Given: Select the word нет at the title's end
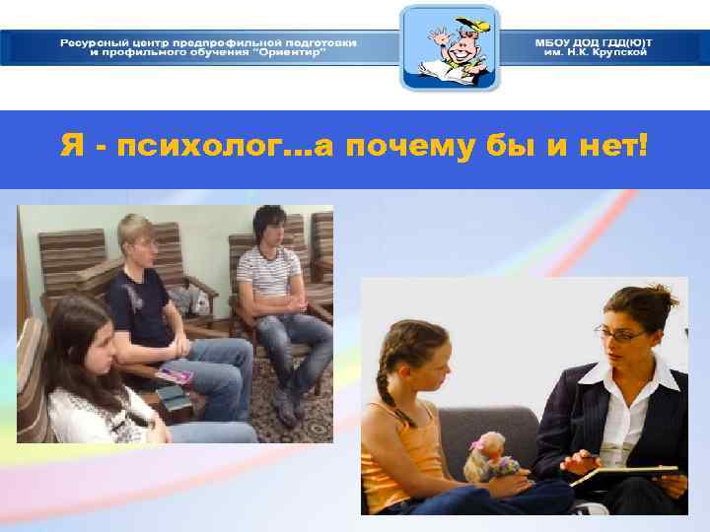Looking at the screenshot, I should [613, 149].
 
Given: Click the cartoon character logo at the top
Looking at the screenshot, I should [449, 47].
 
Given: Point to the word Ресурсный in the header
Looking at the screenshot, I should [93, 42].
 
